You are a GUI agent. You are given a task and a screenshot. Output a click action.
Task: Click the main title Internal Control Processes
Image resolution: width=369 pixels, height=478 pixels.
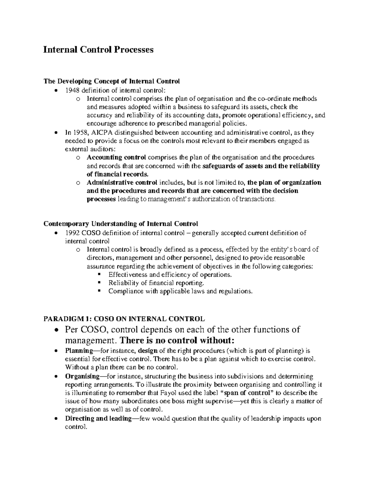click(x=98, y=50)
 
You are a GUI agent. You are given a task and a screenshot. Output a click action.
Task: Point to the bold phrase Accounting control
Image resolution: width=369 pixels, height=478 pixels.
click(x=116, y=158)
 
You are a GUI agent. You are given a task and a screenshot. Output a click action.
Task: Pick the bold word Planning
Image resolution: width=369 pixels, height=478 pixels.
click(x=77, y=351)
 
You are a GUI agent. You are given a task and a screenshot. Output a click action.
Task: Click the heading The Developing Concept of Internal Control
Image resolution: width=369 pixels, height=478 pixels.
click(x=112, y=81)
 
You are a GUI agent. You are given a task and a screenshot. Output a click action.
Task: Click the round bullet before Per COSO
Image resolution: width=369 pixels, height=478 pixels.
click(x=55, y=330)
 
